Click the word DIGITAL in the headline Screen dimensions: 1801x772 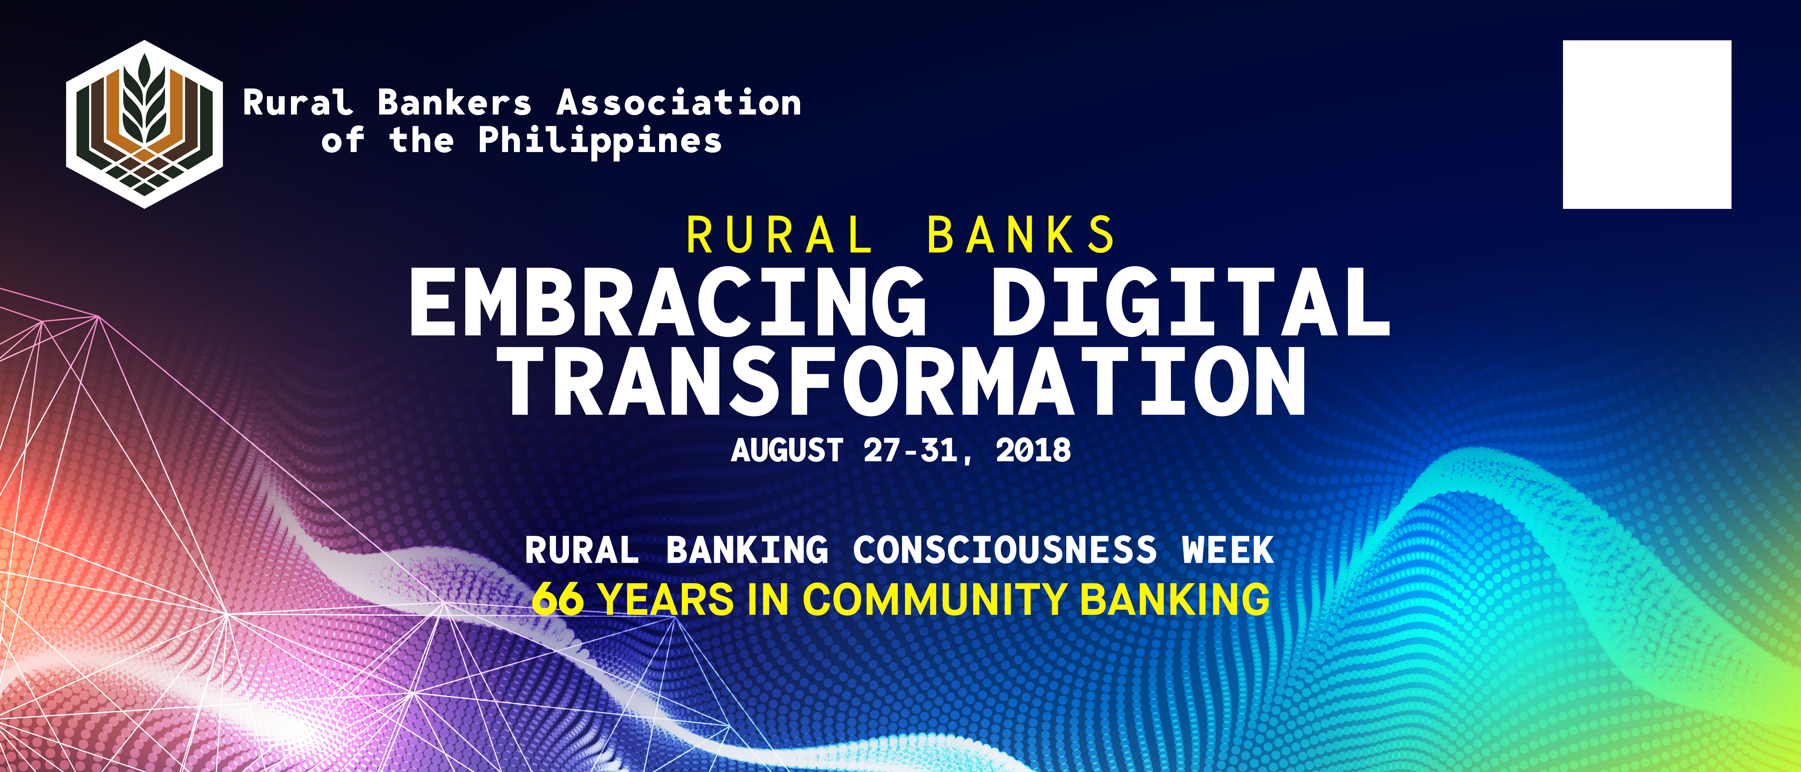[x=1191, y=302]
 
